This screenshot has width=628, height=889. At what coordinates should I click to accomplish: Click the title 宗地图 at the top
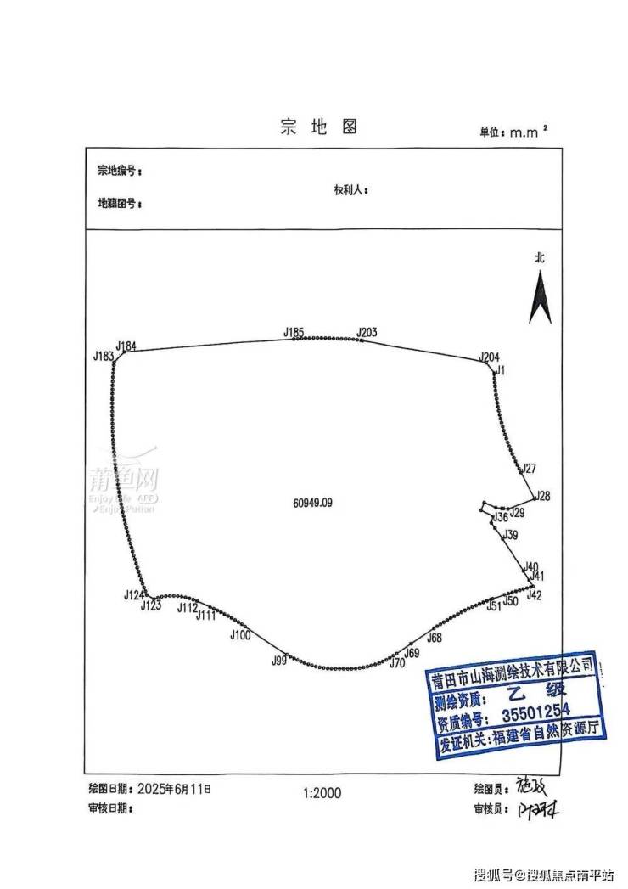(x=318, y=127)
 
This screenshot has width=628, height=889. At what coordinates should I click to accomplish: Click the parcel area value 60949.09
(x=312, y=503)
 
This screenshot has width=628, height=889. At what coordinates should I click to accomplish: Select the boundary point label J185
(x=294, y=331)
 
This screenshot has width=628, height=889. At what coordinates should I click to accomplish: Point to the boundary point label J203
(x=367, y=331)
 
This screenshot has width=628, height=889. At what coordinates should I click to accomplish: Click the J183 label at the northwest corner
(x=103, y=357)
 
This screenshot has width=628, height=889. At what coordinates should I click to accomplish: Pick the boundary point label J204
(x=490, y=357)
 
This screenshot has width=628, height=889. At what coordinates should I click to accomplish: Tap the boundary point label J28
(x=544, y=496)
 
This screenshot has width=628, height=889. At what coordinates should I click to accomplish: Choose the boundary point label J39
(x=509, y=535)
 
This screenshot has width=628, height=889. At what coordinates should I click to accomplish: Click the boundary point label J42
(x=534, y=595)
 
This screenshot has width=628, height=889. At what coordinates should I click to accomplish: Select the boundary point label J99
(x=279, y=661)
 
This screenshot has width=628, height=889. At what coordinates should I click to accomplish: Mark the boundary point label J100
(x=240, y=634)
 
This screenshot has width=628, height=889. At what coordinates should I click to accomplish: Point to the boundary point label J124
(x=133, y=595)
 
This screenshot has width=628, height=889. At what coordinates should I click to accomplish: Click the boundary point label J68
(x=435, y=638)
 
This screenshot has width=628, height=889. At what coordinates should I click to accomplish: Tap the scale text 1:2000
(x=322, y=793)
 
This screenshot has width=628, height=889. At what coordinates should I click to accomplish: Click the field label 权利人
(x=350, y=190)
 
